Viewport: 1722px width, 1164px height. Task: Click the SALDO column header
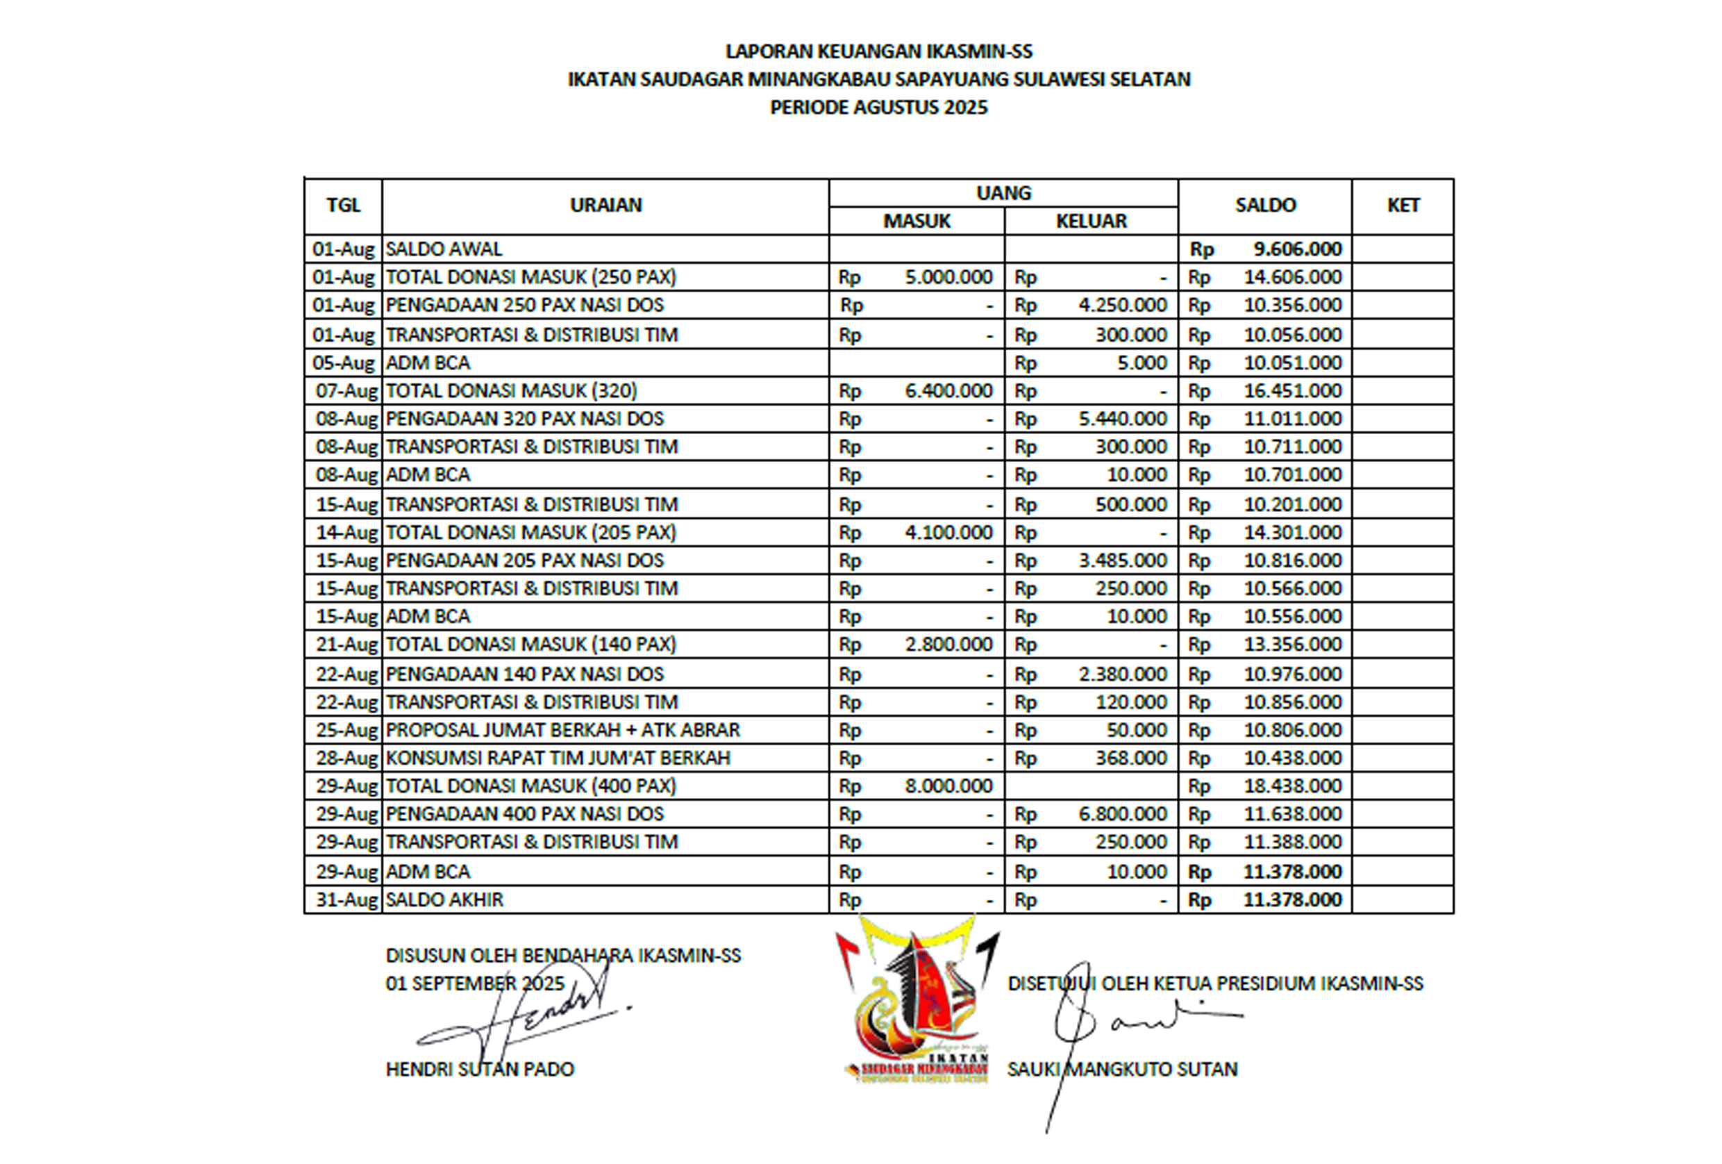coord(1265,206)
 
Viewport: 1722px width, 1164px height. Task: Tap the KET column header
coord(1403,206)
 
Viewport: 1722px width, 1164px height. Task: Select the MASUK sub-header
coord(917,221)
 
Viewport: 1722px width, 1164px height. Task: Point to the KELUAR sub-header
coord(1091,221)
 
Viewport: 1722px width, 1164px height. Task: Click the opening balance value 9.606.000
coord(1296,249)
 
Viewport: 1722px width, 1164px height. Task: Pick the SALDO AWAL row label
coord(444,249)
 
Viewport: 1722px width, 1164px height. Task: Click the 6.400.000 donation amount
coord(948,390)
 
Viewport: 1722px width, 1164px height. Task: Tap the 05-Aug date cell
coord(344,363)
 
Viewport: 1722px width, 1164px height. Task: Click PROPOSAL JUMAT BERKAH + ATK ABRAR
coord(562,730)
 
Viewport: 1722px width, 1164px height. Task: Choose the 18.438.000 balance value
coord(1292,785)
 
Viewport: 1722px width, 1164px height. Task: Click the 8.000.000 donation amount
coord(948,785)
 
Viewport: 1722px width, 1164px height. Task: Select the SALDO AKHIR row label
coord(444,899)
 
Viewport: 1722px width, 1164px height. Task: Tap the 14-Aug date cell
coord(346,533)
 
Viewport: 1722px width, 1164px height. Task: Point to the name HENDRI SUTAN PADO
coord(480,1069)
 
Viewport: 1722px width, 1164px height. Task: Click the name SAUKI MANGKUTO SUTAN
coord(1122,1069)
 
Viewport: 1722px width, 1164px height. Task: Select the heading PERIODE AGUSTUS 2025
coord(879,108)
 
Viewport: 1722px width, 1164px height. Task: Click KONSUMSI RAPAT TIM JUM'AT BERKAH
coord(558,758)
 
